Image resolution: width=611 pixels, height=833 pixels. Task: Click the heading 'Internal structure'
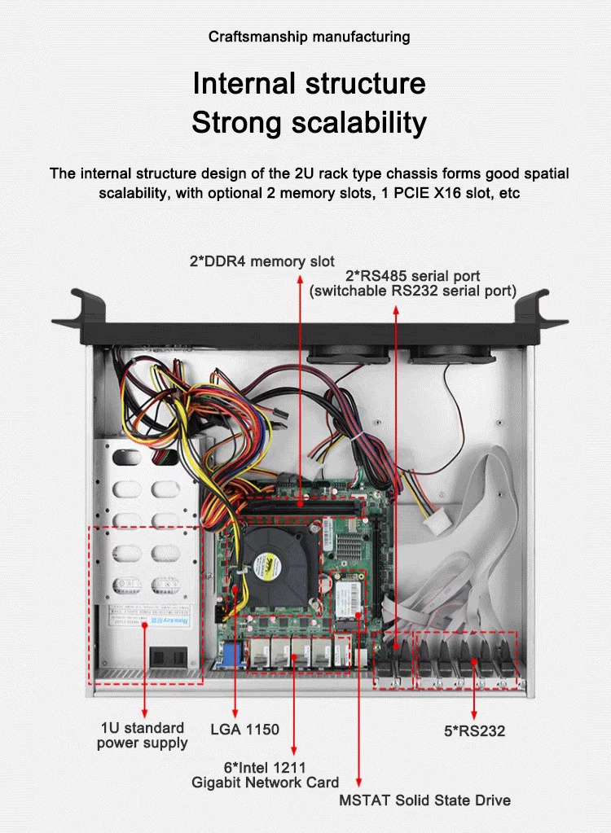pyautogui.click(x=309, y=84)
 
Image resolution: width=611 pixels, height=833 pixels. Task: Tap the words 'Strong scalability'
pyautogui.click(x=309, y=123)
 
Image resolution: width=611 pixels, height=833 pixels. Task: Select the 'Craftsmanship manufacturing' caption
pyautogui.click(x=309, y=37)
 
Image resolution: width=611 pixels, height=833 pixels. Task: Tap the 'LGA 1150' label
pyautogui.click(x=244, y=729)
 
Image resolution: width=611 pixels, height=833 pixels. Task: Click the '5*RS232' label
pyautogui.click(x=474, y=730)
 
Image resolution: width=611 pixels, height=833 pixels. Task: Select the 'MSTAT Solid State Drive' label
pyautogui.click(x=424, y=800)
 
